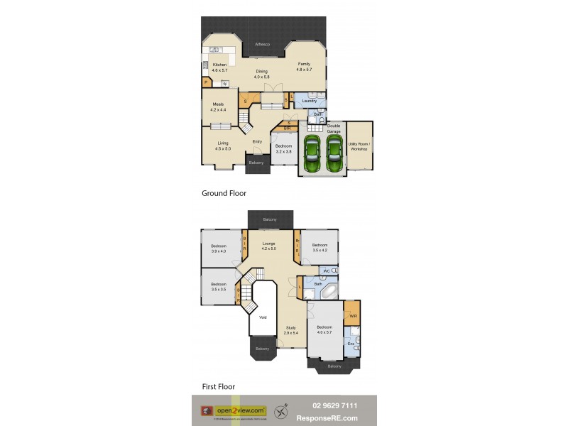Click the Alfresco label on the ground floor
263,45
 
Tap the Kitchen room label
219,65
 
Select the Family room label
304,65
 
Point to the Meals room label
217,104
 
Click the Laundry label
309,101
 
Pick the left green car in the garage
312,153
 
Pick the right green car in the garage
334,153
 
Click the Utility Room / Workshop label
359,146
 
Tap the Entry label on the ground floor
257,141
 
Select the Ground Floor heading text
224,192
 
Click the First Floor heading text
218,387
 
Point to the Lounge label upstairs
268,244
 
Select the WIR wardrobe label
353,315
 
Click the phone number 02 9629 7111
337,405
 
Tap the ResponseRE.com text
337,417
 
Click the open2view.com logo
241,410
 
